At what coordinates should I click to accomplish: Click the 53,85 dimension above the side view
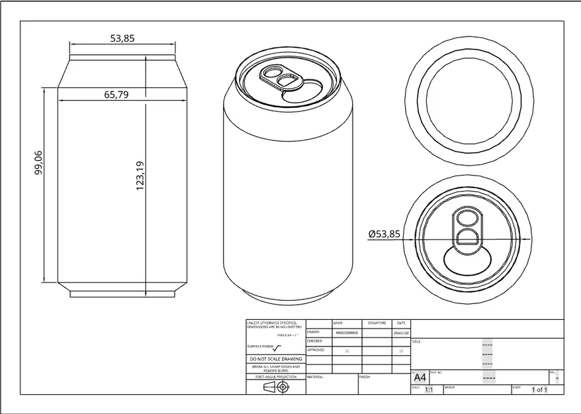click(x=122, y=39)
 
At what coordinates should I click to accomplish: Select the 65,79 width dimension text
click(x=116, y=95)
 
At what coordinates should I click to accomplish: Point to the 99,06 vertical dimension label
click(x=38, y=162)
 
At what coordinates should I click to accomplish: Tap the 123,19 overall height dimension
click(x=140, y=176)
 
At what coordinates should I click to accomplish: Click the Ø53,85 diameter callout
click(x=384, y=234)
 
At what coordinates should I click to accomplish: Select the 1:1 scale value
click(x=428, y=390)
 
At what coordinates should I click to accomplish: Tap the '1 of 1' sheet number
click(x=539, y=390)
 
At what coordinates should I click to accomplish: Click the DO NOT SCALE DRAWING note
click(x=275, y=359)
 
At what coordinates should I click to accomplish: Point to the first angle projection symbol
click(x=275, y=387)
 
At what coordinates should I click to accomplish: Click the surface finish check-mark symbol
click(x=277, y=347)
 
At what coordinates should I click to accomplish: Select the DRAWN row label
click(x=314, y=332)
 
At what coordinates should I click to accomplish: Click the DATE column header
click(x=401, y=323)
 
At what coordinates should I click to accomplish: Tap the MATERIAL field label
click(x=315, y=376)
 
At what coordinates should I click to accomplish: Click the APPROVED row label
click(x=316, y=350)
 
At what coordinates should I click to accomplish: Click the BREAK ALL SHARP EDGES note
click(x=275, y=368)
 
